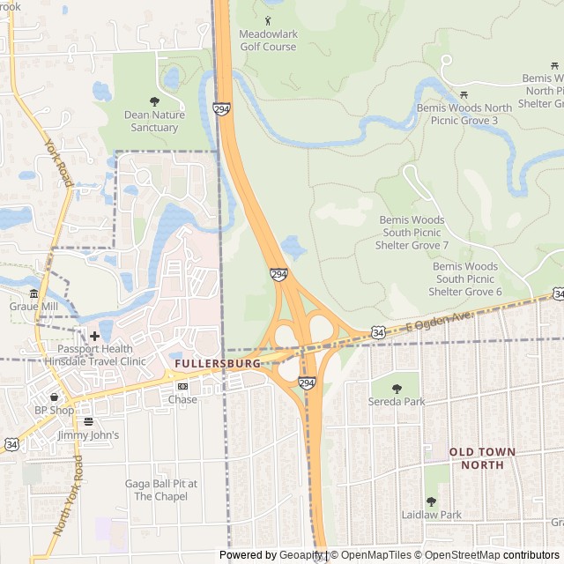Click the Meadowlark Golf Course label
268,41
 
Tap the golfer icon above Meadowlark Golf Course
268,20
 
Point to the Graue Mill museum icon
33,293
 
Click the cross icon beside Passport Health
94,336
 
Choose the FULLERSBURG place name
217,363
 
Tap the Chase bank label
183,399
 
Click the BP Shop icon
54,397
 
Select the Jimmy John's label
88,435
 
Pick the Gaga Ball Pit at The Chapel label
160,490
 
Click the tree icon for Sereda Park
396,388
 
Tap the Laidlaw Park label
431,515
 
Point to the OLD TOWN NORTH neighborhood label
482,458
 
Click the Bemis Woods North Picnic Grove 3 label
464,114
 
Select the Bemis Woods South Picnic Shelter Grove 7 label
413,233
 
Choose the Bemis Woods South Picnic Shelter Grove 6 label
464,278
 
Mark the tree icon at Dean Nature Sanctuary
155,101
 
